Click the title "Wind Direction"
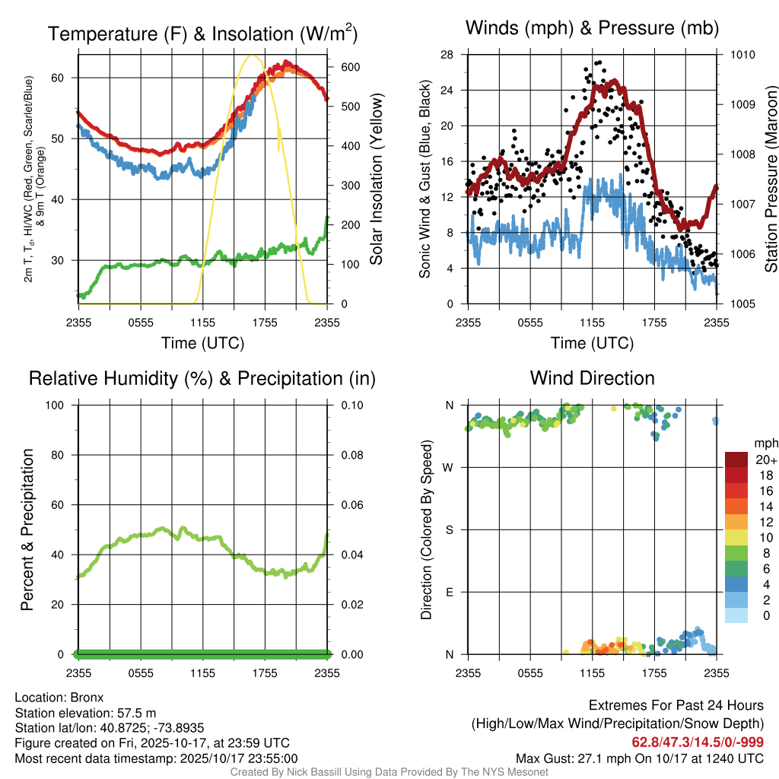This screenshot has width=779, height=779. tap(592, 378)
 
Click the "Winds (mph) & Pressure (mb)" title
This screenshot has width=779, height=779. tap(592, 29)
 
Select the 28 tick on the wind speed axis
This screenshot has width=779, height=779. tap(447, 55)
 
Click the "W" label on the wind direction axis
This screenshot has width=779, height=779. tap(449, 467)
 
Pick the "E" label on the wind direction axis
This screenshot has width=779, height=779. tap(450, 592)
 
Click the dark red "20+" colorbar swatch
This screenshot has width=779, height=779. tap(736, 459)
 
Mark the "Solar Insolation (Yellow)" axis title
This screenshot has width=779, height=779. tap(377, 180)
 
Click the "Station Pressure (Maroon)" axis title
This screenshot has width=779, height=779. tap(771, 180)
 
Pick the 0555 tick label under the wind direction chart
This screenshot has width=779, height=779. tap(529, 672)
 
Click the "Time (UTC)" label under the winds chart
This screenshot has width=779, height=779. tap(593, 343)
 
